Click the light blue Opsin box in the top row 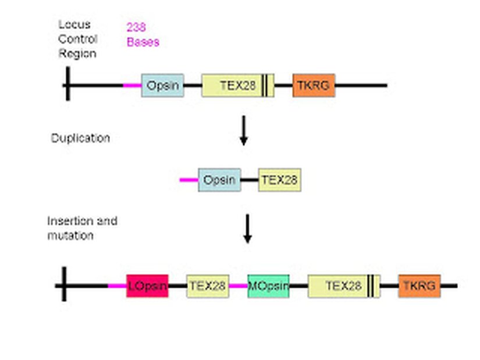click(x=162, y=85)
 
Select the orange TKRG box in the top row click(x=314, y=85)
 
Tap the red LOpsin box click(x=147, y=286)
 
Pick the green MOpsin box click(x=268, y=286)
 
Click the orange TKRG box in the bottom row click(x=419, y=286)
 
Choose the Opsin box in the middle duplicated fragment click(x=219, y=180)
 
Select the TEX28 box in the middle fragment click(x=279, y=180)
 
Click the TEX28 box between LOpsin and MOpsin click(x=208, y=286)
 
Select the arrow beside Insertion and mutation click(x=247, y=229)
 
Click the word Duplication click(x=80, y=138)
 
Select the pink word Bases click(x=143, y=42)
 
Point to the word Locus click(x=74, y=25)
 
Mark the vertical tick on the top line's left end click(x=67, y=84)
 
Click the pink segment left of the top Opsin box click(x=132, y=85)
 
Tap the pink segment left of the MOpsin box click(x=238, y=286)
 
